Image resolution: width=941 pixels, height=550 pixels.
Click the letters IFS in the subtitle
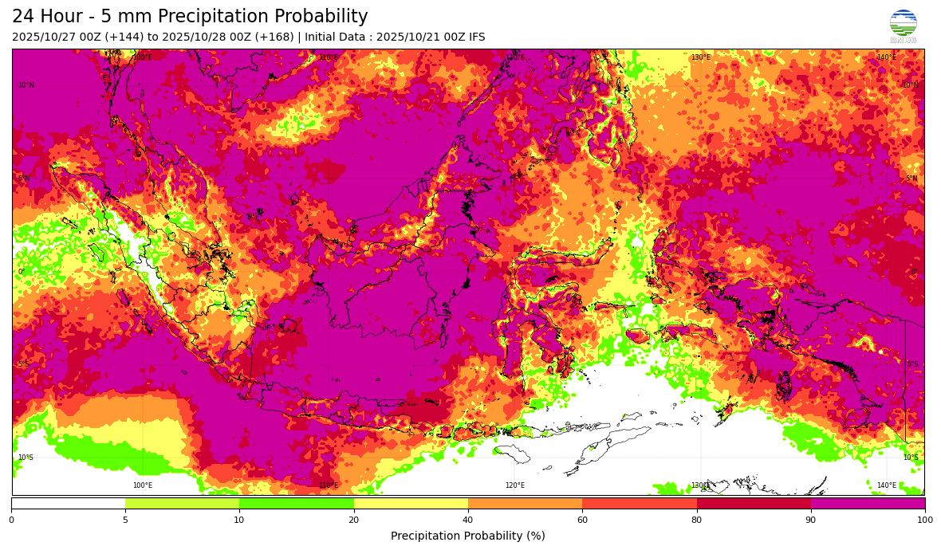point(475,37)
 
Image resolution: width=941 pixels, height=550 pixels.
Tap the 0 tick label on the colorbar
point(11,521)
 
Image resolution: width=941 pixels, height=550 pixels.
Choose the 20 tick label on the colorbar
point(353,521)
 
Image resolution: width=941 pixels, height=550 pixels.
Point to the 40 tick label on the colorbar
point(468,521)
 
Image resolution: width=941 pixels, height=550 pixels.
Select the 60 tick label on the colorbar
point(582,521)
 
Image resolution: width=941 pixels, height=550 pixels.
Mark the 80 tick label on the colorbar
point(696,521)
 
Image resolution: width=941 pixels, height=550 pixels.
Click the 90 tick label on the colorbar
point(811,521)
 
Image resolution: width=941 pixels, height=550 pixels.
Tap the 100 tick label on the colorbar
point(924,521)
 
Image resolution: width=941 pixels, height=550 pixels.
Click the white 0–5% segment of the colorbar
point(68,503)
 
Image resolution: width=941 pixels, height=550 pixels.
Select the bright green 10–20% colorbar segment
point(297,503)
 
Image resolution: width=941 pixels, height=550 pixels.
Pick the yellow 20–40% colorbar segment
point(411,503)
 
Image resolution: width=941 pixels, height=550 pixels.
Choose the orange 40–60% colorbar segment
point(525,503)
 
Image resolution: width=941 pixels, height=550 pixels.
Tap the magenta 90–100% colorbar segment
point(868,503)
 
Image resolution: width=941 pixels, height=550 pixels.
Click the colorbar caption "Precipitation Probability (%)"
point(468,536)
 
